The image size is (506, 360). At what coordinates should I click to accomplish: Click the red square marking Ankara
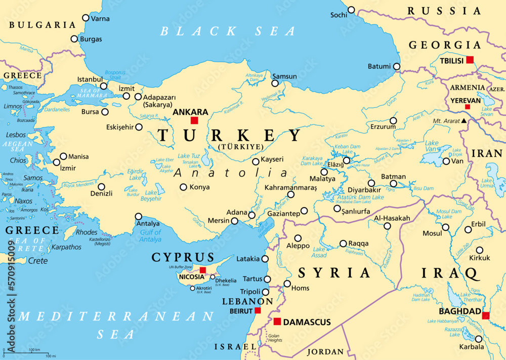pos(194,121)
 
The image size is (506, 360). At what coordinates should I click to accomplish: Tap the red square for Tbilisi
pos(470,60)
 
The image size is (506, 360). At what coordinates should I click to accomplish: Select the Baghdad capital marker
pos(486,316)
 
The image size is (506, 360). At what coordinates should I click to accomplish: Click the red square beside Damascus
pos(277,322)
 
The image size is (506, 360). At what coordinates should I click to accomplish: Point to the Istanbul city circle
pos(104,86)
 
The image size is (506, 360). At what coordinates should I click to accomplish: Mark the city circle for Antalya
pos(138,216)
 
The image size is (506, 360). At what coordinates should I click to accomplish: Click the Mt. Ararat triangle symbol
pos(463,121)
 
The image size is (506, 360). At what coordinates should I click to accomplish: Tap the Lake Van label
pos(432,146)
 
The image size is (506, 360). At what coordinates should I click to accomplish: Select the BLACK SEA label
pos(228,31)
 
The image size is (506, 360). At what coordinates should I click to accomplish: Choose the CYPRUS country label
pos(183,257)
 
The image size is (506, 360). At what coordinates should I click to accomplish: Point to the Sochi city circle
pos(351,10)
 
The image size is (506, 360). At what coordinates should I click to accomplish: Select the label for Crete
pos(38,261)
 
